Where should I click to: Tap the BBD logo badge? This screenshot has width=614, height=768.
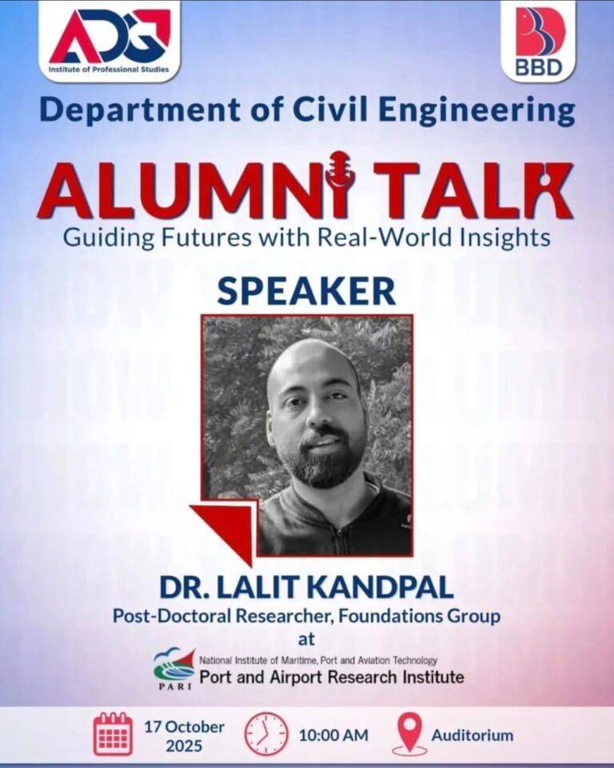pyautogui.click(x=539, y=40)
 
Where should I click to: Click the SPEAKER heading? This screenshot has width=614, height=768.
pyautogui.click(x=306, y=292)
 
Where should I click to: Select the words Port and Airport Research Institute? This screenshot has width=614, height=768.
pyautogui.click(x=331, y=677)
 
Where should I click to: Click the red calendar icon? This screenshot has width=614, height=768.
pyautogui.click(x=113, y=734)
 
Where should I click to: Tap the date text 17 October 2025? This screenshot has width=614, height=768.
pyautogui.click(x=184, y=734)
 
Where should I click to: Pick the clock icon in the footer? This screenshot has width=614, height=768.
pyautogui.click(x=265, y=734)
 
